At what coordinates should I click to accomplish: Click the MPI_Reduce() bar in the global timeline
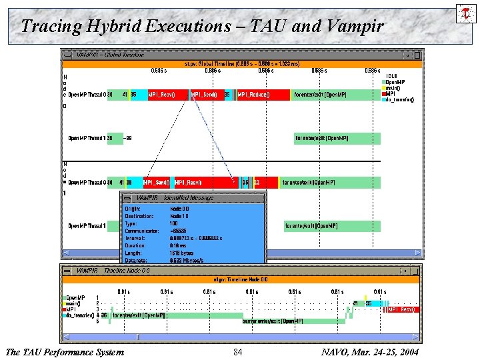[263, 95]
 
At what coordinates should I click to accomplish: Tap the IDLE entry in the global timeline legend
[393, 77]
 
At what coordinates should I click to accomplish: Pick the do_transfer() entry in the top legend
[400, 100]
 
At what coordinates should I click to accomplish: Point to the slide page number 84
[238, 351]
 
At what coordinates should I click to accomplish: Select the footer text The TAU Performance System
[64, 351]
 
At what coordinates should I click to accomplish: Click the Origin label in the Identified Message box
[133, 209]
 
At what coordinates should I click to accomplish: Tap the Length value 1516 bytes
[182, 253]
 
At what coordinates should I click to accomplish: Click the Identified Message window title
[175, 198]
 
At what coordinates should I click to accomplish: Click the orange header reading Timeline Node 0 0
[240, 279]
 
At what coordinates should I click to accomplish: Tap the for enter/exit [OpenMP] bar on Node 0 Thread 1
[337, 139]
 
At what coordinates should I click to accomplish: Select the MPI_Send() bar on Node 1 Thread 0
[153, 182]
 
